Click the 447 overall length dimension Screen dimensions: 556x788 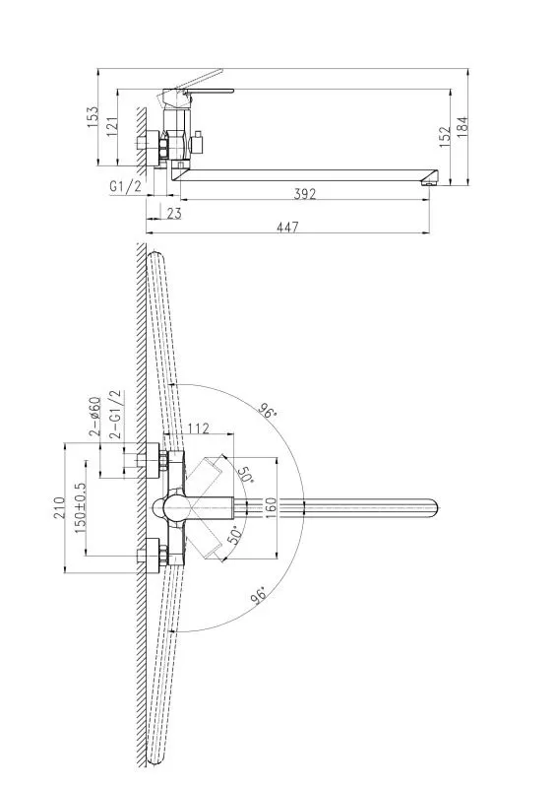coord(287,228)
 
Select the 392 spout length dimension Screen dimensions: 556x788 coord(305,193)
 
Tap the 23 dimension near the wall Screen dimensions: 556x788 coord(174,213)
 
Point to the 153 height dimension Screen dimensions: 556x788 coord(93,116)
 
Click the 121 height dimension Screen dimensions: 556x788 coord(112,127)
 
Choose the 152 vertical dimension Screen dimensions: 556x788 coord(445,137)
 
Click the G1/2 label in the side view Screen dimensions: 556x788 coord(126,186)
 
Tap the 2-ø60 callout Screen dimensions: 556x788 coord(94,416)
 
